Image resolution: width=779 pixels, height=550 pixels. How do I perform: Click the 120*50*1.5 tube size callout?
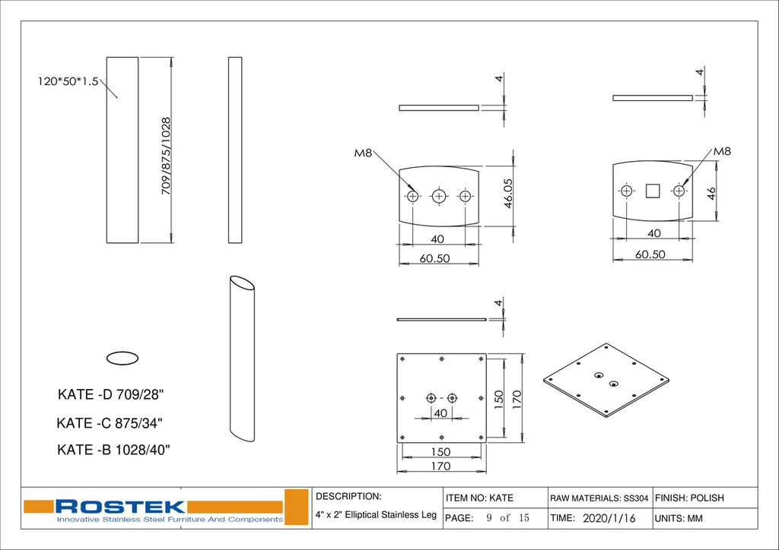click(68, 81)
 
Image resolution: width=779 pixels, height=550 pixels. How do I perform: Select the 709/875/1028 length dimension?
click(166, 156)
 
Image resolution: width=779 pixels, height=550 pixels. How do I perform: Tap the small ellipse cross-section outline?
click(122, 358)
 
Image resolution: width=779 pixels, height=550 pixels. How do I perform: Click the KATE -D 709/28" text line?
click(111, 395)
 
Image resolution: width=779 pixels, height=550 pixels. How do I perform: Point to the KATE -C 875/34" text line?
click(110, 423)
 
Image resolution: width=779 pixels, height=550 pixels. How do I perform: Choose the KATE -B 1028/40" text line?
click(114, 450)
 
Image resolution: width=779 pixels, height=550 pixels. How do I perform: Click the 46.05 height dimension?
click(507, 194)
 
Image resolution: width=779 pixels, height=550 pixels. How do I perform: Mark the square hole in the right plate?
click(652, 191)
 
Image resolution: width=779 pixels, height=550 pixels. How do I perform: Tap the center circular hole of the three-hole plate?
click(438, 196)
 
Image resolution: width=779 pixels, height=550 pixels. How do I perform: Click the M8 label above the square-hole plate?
click(722, 151)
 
